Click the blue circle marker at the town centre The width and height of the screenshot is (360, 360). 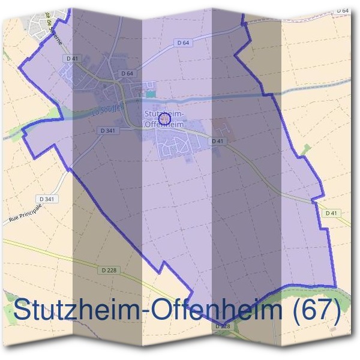click(x=167, y=119)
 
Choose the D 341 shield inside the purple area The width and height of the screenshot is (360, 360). click(x=108, y=130)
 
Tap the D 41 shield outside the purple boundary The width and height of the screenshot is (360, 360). click(x=331, y=213)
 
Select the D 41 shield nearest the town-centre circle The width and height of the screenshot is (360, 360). click(x=218, y=140)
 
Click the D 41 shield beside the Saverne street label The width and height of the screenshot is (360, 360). click(x=73, y=58)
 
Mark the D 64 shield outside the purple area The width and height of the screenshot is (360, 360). click(x=343, y=11)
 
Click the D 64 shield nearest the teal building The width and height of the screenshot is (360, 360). click(x=127, y=73)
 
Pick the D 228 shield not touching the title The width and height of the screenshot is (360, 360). click(x=109, y=271)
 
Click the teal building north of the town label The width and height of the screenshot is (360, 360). click(x=150, y=94)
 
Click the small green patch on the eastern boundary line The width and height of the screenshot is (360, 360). click(x=307, y=148)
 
